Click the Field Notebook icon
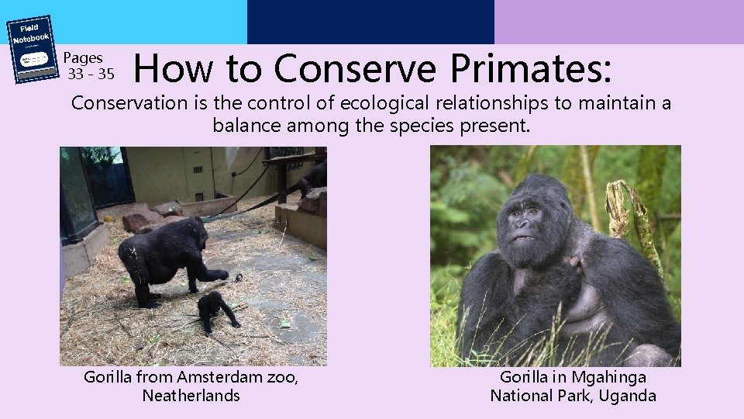(x=32, y=48)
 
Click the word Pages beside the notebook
(x=83, y=57)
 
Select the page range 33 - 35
(x=91, y=74)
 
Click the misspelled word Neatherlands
(x=191, y=396)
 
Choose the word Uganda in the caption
(x=629, y=396)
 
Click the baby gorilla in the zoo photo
(x=213, y=309)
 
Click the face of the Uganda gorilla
(x=528, y=218)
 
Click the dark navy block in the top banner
(x=370, y=22)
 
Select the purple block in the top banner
(x=618, y=22)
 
